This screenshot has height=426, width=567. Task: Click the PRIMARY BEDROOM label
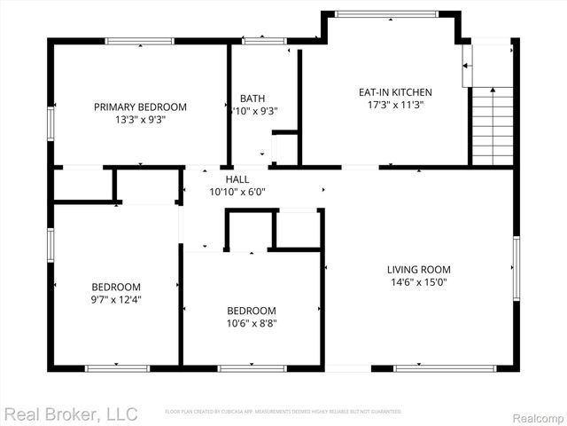(140, 106)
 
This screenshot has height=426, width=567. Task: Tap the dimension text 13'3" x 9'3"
(140, 119)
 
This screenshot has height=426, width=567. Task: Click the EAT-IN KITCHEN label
(394, 91)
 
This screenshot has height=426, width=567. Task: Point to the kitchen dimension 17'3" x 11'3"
(394, 104)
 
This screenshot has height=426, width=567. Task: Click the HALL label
(237, 178)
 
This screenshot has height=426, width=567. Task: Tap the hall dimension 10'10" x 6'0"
(237, 191)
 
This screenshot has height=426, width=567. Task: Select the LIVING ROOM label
(418, 269)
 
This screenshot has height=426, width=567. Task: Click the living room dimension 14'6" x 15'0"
(418, 282)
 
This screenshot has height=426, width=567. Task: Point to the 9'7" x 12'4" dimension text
(116, 299)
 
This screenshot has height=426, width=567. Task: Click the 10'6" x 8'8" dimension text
(251, 323)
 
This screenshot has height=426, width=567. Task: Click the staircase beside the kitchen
(492, 125)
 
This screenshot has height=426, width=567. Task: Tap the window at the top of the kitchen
(386, 13)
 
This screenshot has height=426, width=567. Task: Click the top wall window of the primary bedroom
(140, 41)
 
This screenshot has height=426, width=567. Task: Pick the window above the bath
(259, 41)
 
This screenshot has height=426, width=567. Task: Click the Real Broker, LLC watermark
(71, 414)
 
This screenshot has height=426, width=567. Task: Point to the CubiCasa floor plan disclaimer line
(283, 412)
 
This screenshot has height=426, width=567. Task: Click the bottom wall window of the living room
(432, 367)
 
